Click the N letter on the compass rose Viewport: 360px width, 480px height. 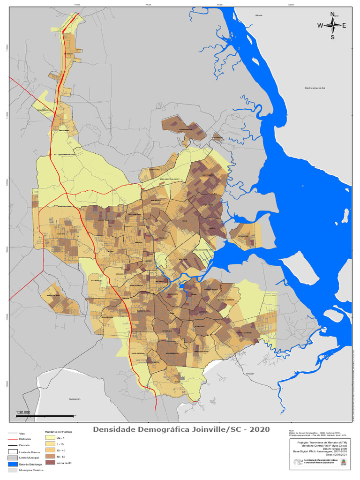pyautogui.click(x=332, y=14)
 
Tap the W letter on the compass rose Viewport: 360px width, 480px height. pyautogui.click(x=320, y=26)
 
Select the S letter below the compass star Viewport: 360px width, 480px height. pyautogui.click(x=332, y=37)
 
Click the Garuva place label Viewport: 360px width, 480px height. pyautogui.click(x=259, y=15)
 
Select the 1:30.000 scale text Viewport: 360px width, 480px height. pyautogui.click(x=23, y=412)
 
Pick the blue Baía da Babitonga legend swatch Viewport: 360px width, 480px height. pyautogui.click(x=13, y=463)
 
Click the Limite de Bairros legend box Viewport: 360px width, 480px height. pyautogui.click(x=13, y=451)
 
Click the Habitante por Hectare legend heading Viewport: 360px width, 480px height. pyautogui.click(x=58, y=431)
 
